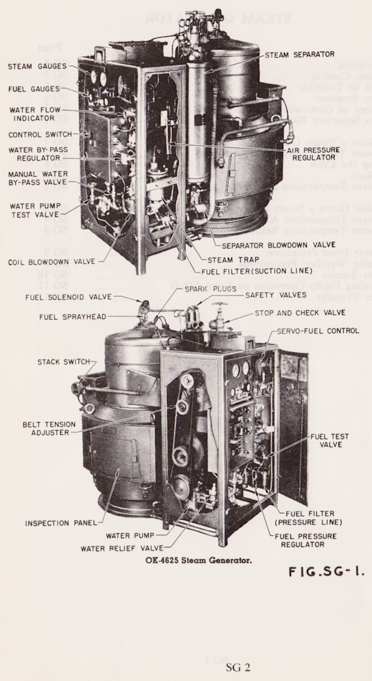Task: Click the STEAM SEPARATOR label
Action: pos(299,54)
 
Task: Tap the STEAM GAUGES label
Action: pos(37,66)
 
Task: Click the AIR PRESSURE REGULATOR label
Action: pos(314,154)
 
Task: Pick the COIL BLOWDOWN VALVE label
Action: pos(51,262)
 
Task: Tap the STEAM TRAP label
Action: pos(226,260)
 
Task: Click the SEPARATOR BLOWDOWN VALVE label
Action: pos(278,245)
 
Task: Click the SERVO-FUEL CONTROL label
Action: pos(318,331)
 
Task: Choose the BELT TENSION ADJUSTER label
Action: pos(49,428)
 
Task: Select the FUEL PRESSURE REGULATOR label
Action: pos(305,540)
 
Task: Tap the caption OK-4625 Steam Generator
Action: pos(198,560)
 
